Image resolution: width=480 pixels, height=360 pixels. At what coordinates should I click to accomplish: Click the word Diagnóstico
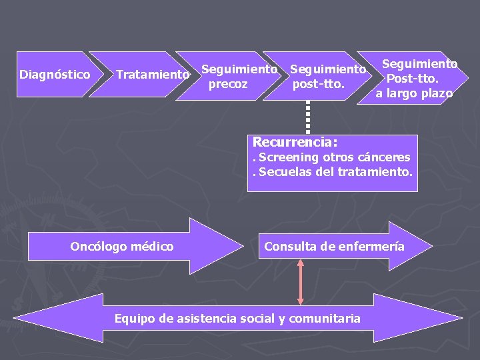pos(55,74)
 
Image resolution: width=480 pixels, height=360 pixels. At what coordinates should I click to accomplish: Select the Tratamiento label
pos(153,75)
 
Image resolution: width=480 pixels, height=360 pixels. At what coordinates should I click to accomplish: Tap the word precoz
pos(228,84)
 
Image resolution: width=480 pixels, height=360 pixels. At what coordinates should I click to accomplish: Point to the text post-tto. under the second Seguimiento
pos(319,84)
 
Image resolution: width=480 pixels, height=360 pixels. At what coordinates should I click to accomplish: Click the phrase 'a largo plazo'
pos(414,93)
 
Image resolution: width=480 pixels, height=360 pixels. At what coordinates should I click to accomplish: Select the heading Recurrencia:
pos(295,142)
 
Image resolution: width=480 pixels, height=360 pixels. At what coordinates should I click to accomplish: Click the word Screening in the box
pos(288,157)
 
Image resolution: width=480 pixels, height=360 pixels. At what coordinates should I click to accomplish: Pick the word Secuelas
pos(281,172)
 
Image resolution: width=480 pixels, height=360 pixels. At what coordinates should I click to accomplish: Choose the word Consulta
pos(290,246)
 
